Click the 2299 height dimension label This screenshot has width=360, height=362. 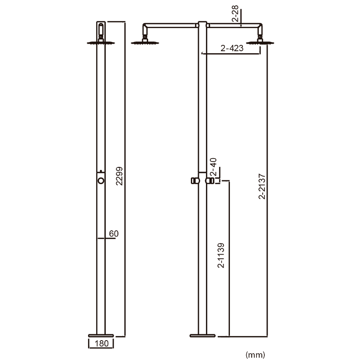120,176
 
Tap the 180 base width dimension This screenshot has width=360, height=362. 102,343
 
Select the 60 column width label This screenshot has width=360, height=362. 114,234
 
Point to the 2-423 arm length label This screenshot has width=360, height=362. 232,48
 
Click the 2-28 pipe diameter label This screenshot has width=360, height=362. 235,13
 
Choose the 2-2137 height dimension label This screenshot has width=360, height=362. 262,187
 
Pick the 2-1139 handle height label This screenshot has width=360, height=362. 221,255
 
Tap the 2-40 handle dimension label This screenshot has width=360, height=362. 214,167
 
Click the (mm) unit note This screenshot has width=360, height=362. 255,354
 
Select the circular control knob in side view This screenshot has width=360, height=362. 101,181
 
